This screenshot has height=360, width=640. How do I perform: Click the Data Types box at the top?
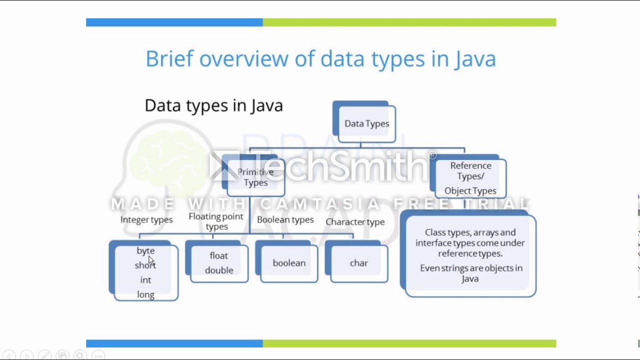(x=366, y=123)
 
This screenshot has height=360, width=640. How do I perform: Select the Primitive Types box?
(x=255, y=177)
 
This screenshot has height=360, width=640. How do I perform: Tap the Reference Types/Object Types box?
(x=470, y=178)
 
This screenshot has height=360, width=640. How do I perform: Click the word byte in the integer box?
(x=145, y=250)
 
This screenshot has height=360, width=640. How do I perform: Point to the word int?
(x=145, y=280)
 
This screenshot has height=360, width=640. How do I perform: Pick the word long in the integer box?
(x=145, y=294)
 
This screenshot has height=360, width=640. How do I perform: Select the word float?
(x=218, y=255)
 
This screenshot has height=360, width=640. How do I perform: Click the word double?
(x=219, y=270)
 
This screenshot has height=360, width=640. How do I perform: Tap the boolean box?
(x=288, y=263)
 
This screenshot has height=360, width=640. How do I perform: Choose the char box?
(x=358, y=263)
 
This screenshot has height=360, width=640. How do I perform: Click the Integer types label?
(x=146, y=219)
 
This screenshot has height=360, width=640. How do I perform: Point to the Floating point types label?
(x=216, y=221)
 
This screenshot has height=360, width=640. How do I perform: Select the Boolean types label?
(x=285, y=219)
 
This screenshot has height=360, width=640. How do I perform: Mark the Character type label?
(x=355, y=221)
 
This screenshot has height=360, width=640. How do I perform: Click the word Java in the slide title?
(x=475, y=59)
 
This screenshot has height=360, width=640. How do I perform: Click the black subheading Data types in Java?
(x=213, y=105)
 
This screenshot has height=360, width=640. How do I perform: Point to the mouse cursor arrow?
(x=151, y=260)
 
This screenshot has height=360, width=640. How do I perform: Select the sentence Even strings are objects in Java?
(x=470, y=273)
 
